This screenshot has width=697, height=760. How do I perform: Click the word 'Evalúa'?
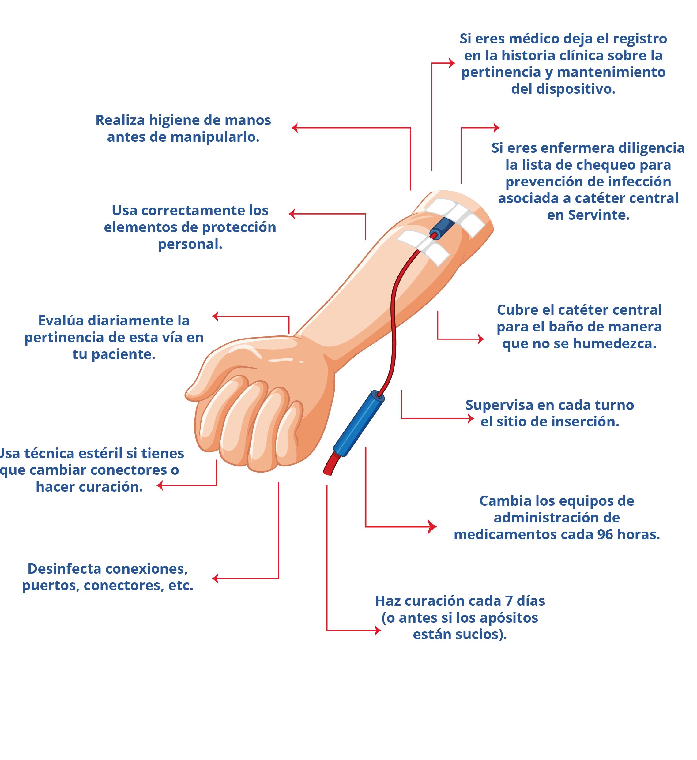61,320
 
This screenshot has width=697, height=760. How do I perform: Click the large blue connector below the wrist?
358,423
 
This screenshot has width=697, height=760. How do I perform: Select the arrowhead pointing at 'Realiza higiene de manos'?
295,128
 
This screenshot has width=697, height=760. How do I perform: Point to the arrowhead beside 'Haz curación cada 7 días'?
378,630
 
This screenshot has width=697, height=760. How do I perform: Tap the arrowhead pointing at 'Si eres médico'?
452,63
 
